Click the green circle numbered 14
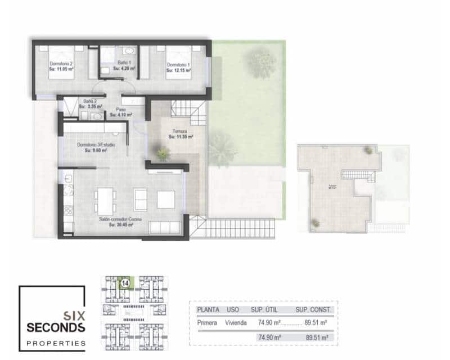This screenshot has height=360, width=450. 125,282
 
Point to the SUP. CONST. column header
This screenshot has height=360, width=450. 313,309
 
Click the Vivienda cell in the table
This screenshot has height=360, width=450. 237,323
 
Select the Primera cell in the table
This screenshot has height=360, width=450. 208,323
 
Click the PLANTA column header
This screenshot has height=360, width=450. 208,309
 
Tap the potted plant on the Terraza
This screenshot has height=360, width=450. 163,152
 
